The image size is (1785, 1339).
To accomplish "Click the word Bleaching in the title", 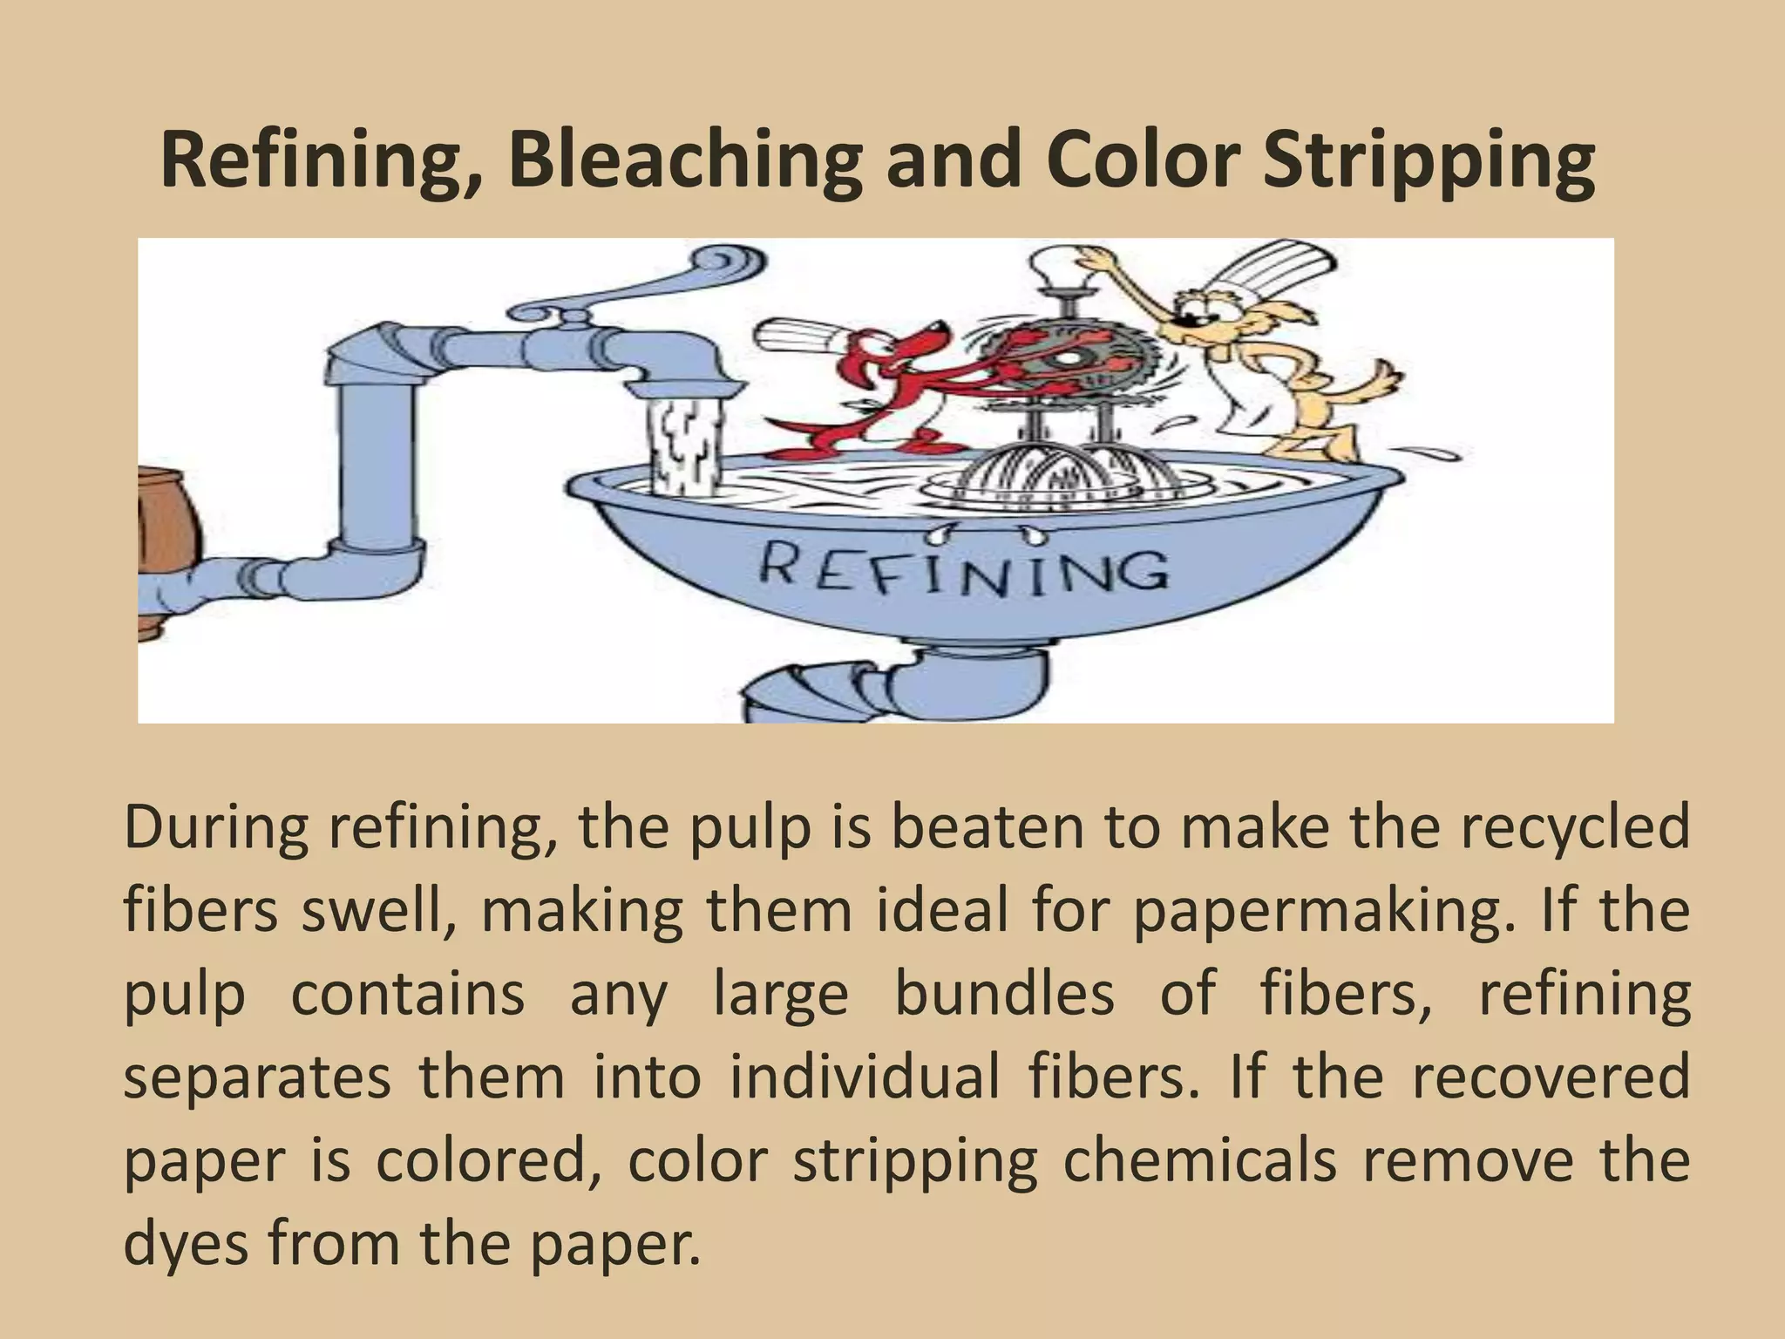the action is (684, 161).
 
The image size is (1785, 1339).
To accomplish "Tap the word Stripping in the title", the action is (1429, 161).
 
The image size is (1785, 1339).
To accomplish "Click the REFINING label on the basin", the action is (963, 571).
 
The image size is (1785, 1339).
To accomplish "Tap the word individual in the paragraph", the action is (864, 1077).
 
